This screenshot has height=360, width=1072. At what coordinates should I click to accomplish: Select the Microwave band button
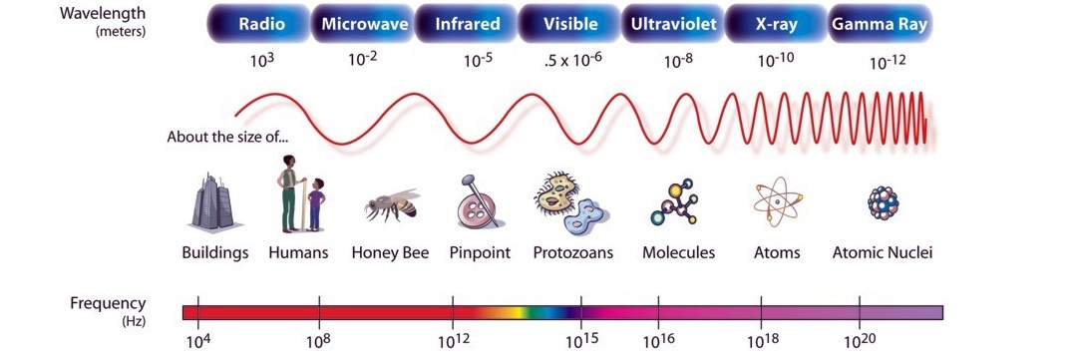364,24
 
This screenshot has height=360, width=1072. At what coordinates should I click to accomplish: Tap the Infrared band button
468,24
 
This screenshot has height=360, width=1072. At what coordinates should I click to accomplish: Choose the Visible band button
571,24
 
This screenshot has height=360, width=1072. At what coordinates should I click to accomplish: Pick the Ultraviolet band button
674,24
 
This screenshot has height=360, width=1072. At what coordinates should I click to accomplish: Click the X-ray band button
775,24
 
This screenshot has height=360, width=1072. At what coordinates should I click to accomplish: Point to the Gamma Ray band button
882,24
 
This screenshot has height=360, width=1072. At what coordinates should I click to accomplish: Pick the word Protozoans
572,253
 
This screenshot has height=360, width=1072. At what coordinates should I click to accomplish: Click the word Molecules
678,253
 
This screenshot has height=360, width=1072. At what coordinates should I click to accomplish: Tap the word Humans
298,253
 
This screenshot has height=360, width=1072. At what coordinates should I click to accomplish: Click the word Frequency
108,304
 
